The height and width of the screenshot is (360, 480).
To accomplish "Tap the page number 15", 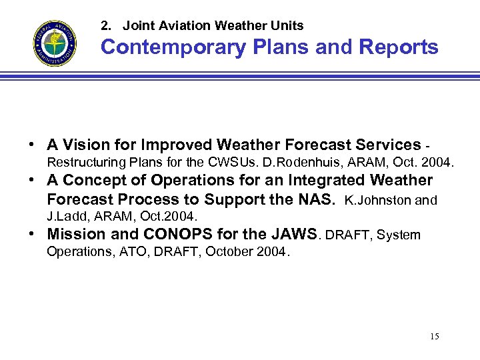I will click(x=434, y=336).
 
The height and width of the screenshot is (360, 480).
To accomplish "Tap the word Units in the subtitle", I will click(x=287, y=26).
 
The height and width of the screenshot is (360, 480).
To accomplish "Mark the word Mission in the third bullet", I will click(x=76, y=234).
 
